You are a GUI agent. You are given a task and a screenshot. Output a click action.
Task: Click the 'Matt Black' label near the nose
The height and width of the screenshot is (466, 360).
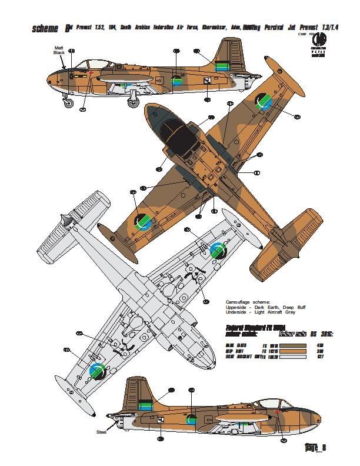(59, 50)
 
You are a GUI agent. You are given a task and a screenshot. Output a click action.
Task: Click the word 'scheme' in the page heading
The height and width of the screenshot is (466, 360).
(47, 29)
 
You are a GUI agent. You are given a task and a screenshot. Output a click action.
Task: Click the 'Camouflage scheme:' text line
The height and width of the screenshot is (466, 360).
(246, 302)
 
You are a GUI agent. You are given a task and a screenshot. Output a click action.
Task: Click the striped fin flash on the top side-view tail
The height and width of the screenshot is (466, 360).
(222, 67)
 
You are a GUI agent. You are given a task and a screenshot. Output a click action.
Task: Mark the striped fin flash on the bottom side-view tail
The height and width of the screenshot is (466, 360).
(145, 405)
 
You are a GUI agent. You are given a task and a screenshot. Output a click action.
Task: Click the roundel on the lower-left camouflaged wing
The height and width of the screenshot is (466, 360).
(143, 221)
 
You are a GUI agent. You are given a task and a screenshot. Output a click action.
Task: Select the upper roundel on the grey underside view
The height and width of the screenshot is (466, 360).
(218, 250)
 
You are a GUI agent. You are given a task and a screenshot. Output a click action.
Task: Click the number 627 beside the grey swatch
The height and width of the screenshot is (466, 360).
(322, 357)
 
